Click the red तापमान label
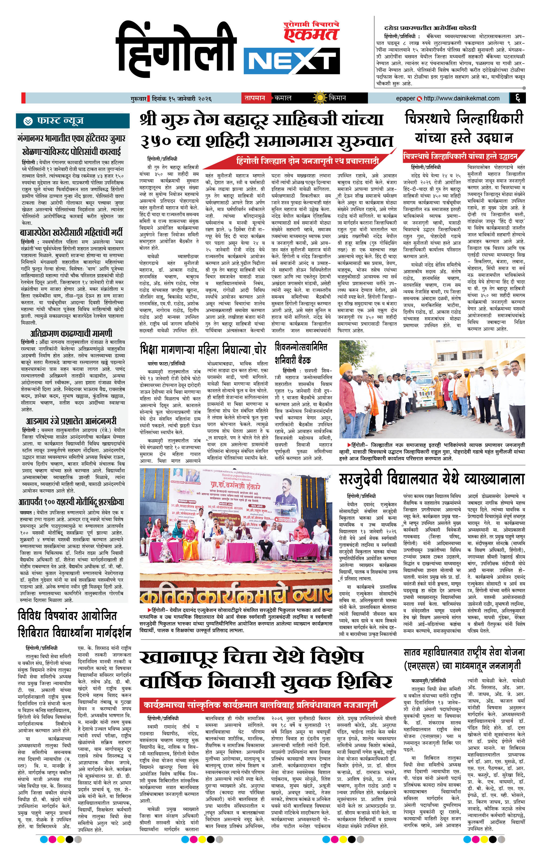[x=254, y=98]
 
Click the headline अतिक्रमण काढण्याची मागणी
[x=71, y=333]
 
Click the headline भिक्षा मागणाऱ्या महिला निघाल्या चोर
[x=203, y=350]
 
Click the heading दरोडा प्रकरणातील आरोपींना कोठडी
[x=430, y=28]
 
